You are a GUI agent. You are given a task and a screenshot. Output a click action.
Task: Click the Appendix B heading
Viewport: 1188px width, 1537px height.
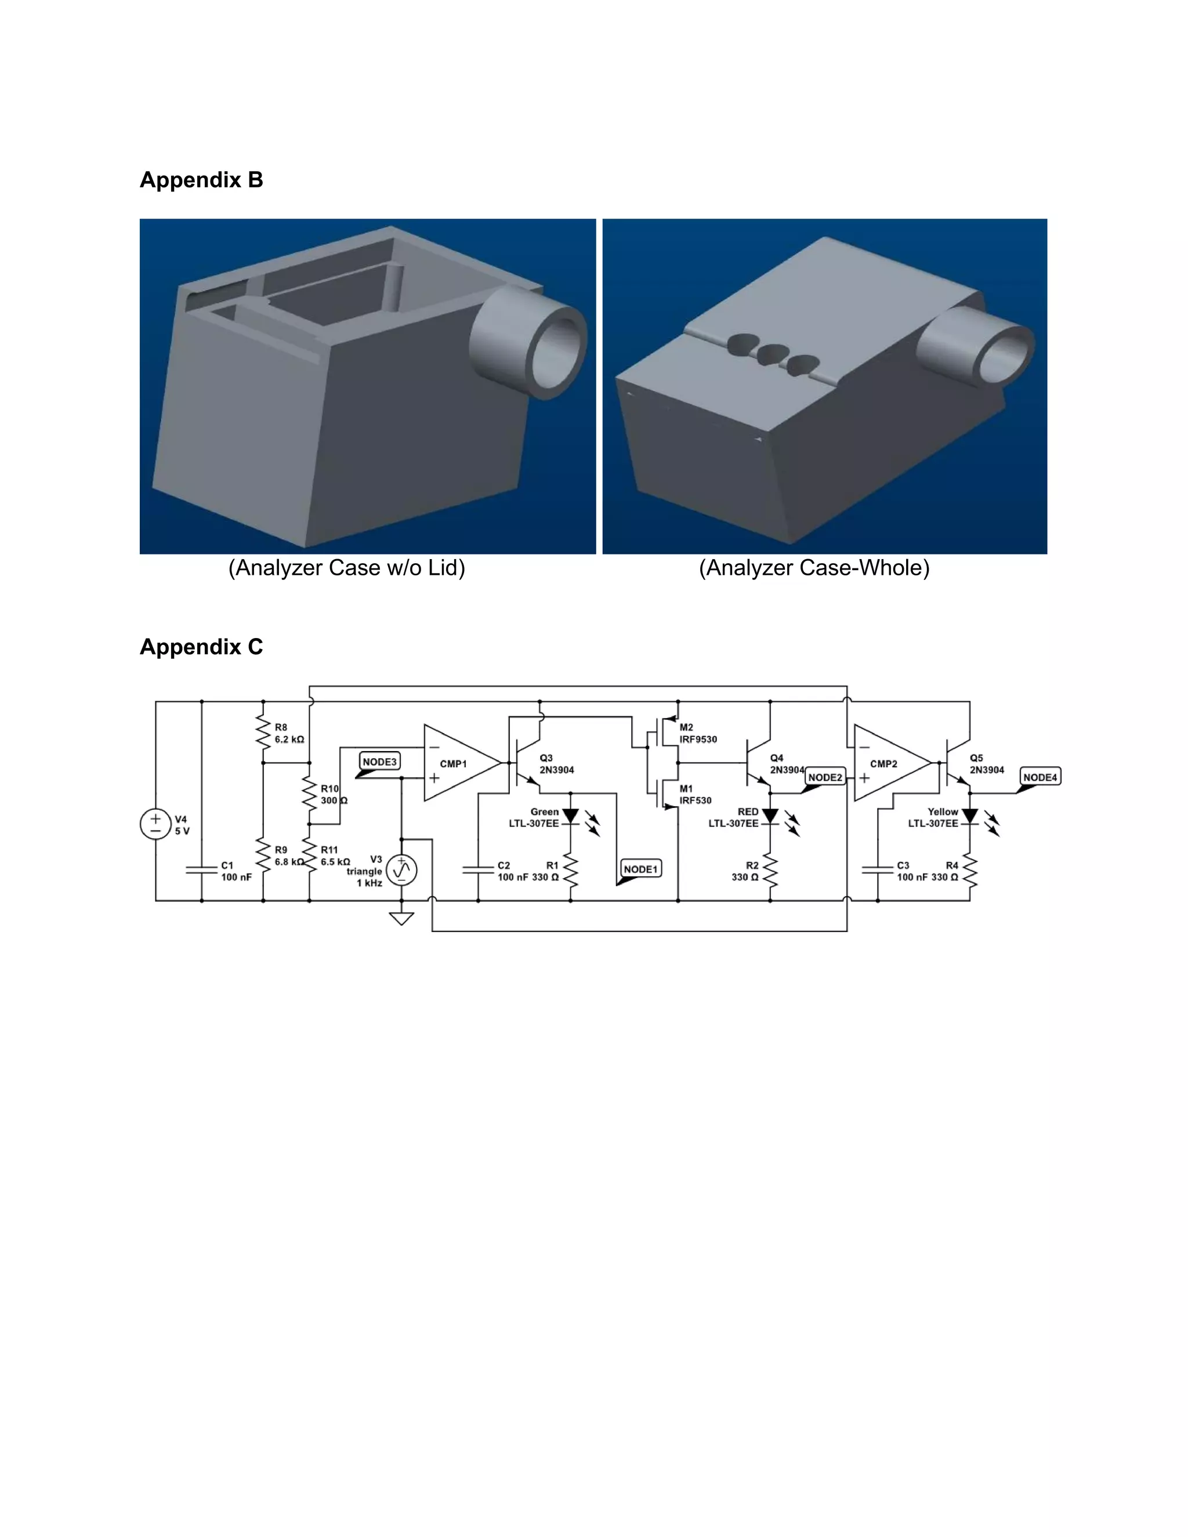tap(201, 180)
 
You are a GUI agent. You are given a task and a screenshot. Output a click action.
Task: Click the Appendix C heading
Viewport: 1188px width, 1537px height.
tap(201, 647)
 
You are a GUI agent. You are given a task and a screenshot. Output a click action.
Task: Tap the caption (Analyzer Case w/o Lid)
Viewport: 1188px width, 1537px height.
tap(346, 568)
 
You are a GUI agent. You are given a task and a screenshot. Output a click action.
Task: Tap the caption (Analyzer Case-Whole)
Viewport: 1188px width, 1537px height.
tap(814, 568)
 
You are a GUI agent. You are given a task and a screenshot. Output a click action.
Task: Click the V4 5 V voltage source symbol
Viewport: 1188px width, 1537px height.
tap(155, 824)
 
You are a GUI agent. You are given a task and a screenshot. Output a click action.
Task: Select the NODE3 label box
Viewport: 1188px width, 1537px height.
tap(379, 762)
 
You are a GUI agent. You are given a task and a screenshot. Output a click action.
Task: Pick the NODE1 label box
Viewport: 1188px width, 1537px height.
tap(640, 869)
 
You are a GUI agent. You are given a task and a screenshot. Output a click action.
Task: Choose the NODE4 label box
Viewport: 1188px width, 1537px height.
tap(1039, 777)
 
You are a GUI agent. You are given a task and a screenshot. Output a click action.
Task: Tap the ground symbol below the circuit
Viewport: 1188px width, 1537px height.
tap(401, 918)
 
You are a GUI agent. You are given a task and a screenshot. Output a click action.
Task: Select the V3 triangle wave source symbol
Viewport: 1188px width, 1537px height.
tap(401, 871)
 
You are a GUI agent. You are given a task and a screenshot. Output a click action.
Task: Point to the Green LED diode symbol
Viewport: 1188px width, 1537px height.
tap(570, 817)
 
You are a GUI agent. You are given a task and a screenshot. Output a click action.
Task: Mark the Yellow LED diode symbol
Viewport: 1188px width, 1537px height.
tap(969, 817)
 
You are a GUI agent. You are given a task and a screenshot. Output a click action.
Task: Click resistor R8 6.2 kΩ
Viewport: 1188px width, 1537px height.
tap(263, 733)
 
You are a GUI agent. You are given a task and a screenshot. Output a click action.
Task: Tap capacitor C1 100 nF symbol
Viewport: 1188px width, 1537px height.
tap(201, 871)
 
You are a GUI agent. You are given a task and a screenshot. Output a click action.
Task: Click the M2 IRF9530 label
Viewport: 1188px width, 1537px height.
tap(697, 733)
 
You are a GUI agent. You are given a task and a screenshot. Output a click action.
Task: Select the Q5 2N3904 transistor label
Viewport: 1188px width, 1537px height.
tap(986, 764)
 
